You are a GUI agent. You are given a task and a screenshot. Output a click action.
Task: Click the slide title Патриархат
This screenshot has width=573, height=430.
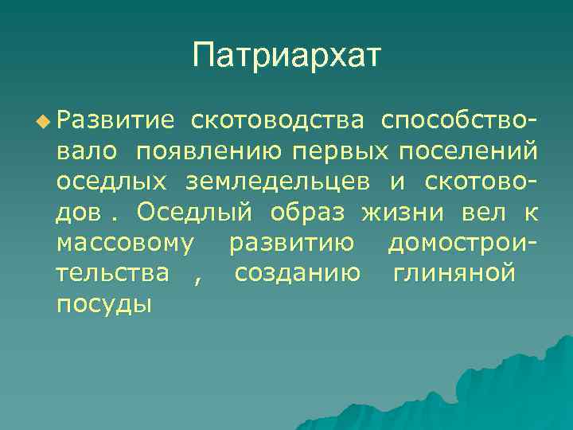click(286, 56)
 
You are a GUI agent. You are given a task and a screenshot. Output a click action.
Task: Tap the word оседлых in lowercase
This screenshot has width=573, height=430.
click(111, 182)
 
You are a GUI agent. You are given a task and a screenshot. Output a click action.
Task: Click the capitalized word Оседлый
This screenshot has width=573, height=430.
click(194, 213)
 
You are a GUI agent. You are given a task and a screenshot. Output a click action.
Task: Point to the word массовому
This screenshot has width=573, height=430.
click(125, 243)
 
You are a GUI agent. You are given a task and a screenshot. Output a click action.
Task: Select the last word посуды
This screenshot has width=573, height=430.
click(104, 304)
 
